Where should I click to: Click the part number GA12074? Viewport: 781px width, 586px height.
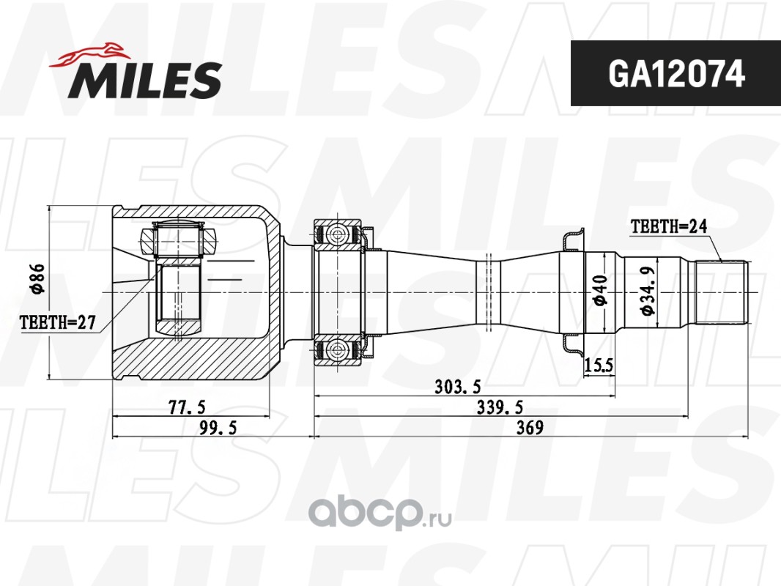[676, 74]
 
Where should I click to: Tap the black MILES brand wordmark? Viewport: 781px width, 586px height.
[145, 80]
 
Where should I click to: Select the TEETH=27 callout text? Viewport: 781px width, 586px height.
[57, 322]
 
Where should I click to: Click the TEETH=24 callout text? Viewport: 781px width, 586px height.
[669, 226]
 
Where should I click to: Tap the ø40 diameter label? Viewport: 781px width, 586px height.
[599, 289]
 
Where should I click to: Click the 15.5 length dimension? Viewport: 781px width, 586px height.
[599, 366]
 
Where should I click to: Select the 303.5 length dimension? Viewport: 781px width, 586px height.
[458, 386]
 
